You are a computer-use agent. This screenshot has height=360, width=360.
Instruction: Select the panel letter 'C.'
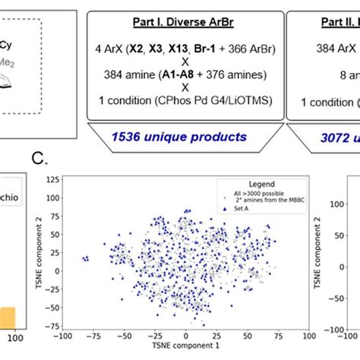pyautogui.click(x=41, y=158)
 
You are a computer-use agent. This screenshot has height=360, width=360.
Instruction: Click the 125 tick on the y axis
pyautogui.click(x=52, y=180)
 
